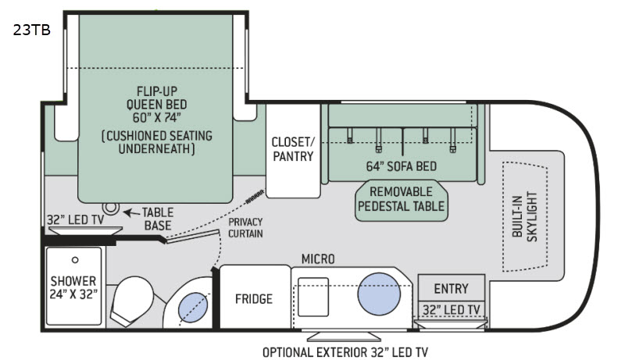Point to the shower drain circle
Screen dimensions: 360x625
[x=76, y=258]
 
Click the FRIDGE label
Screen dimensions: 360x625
[x=254, y=299]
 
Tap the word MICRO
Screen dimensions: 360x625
[x=318, y=258]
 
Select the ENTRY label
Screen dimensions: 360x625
[x=451, y=288]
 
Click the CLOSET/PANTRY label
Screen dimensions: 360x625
[x=292, y=148]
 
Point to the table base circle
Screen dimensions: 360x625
[x=111, y=209]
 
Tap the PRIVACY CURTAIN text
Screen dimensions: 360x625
[x=245, y=227]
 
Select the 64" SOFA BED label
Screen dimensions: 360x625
[x=401, y=166]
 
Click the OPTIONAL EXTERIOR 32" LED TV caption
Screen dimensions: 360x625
[x=345, y=351]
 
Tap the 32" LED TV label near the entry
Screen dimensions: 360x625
[x=452, y=310]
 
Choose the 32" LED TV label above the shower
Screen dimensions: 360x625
[x=75, y=220]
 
